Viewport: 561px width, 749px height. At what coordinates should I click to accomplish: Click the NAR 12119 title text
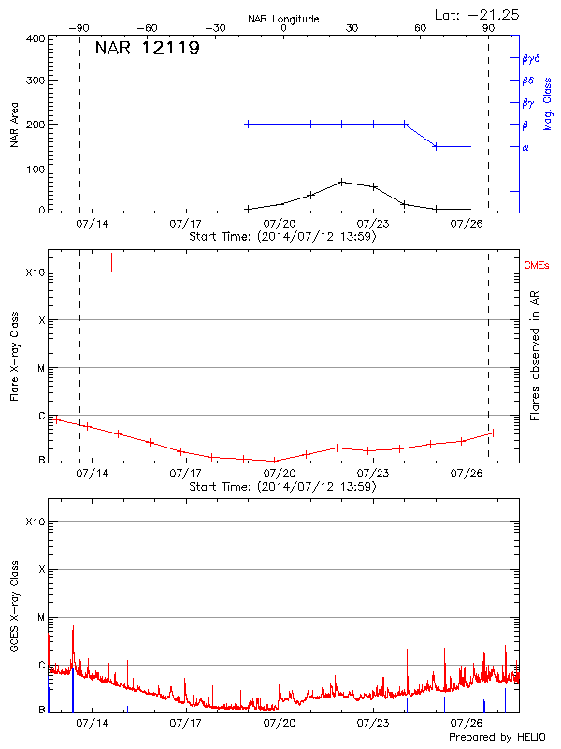click(x=147, y=49)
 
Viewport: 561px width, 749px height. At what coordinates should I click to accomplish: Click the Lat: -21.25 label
click(x=478, y=14)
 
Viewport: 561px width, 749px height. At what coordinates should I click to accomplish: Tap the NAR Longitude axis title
click(x=283, y=19)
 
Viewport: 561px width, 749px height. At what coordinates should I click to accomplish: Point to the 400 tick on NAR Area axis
click(x=36, y=38)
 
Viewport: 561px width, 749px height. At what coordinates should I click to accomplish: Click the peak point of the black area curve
click(x=342, y=181)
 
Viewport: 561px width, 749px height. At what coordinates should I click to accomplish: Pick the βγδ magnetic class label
click(x=531, y=58)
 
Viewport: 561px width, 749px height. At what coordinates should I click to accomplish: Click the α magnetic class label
click(x=525, y=147)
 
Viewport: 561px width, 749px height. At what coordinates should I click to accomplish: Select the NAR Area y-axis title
click(x=15, y=125)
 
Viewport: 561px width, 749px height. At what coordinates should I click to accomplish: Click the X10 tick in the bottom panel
click(x=35, y=521)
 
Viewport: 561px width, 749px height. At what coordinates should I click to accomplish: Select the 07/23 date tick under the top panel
click(x=373, y=225)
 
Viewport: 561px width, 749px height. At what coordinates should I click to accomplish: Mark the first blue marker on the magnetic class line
click(x=248, y=124)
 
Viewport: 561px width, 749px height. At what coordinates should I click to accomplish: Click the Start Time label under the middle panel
click(x=282, y=487)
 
